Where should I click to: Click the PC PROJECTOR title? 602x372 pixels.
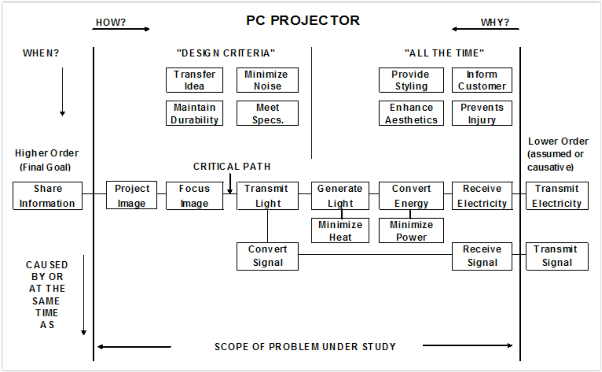coord(303,21)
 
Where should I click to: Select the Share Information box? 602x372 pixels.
coord(48,196)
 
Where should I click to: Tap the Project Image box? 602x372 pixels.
coord(132,195)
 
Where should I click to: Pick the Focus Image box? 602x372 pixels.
coord(195,196)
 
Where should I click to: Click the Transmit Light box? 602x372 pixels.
coord(267,196)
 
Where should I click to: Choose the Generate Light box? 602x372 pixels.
coord(340,196)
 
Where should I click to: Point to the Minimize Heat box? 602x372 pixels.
coord(340,230)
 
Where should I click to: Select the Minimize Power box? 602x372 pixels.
coord(411,230)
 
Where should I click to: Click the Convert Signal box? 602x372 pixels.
coord(267,256)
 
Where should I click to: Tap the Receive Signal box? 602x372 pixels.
coord(482,256)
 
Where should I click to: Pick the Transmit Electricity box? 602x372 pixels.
coord(557,196)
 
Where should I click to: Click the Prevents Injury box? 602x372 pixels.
coord(482,113)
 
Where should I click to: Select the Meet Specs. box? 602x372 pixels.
coord(267,113)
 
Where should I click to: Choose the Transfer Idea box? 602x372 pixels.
coord(194,80)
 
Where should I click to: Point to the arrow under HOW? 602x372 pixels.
coord(121,29)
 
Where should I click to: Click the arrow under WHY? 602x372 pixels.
coord(486,29)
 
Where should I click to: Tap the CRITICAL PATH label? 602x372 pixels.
coord(232,167)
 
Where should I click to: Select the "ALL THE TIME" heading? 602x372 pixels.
coord(444,53)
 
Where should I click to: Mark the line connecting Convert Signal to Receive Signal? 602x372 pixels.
coord(375,254)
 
